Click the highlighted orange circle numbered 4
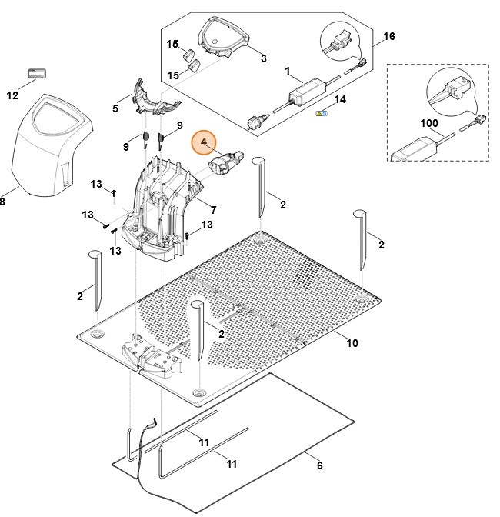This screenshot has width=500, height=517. (x=205, y=143)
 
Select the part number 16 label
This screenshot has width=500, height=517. (x=389, y=36)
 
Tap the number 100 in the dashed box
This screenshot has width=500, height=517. (x=430, y=123)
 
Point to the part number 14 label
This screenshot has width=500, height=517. (x=340, y=100)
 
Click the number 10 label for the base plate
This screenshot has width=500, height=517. (x=352, y=343)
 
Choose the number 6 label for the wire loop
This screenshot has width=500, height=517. (x=319, y=465)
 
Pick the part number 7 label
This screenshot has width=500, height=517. (x=213, y=209)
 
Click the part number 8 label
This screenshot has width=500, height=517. (x=2, y=202)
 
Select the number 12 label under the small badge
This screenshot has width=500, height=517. (x=12, y=95)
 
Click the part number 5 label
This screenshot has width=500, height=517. (x=115, y=108)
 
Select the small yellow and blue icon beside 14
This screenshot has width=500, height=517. (x=322, y=113)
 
